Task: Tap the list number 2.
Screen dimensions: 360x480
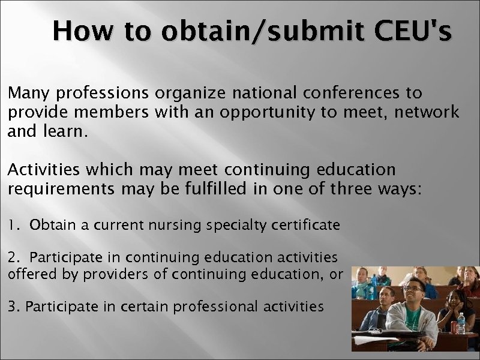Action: pyautogui.click(x=14, y=258)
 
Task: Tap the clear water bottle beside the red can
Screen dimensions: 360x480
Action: pyautogui.click(x=461, y=323)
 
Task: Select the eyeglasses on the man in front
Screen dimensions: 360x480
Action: pyautogui.click(x=413, y=290)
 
